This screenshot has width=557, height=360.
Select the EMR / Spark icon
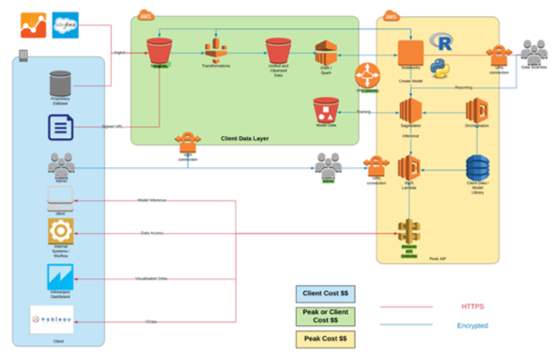(x=325, y=54)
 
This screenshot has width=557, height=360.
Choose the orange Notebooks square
(x=409, y=54)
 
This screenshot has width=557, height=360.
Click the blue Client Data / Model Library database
(x=479, y=170)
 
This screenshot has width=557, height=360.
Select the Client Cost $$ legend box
(x=322, y=293)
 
